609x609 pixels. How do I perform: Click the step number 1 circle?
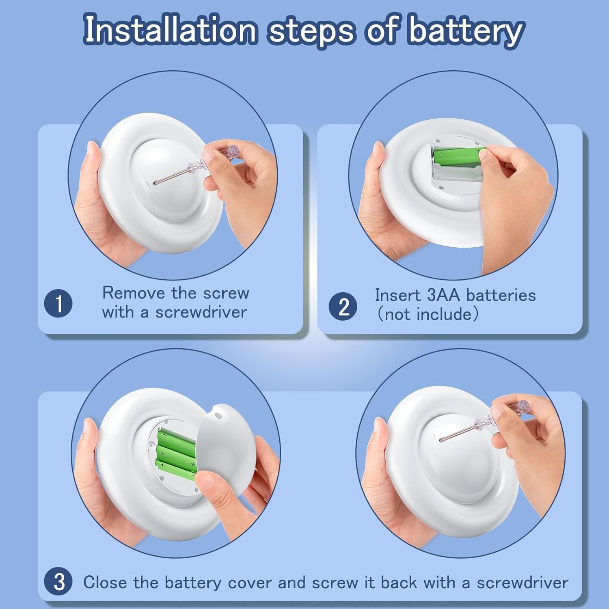58,303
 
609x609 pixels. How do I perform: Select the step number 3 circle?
58,582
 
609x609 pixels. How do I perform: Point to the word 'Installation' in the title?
170,29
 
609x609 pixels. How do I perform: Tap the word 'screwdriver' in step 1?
201,312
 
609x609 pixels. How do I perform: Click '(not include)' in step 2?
428,314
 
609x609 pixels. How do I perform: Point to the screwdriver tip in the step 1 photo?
154,184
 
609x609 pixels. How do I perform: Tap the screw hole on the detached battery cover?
216,416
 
